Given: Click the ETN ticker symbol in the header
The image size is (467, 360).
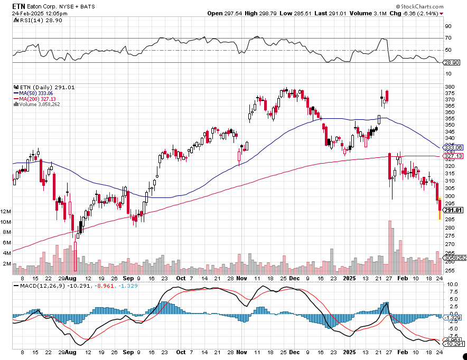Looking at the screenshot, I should pyautogui.click(x=19, y=5).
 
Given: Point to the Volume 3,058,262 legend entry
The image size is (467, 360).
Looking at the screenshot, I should pyautogui.click(x=38, y=104).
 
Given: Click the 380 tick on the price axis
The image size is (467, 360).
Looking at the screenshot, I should pyautogui.click(x=450, y=87).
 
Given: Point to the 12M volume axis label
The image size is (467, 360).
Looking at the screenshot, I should pyautogui.click(x=6, y=212).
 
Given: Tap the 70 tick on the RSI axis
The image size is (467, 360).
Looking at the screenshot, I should pyautogui.click(x=448, y=38).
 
